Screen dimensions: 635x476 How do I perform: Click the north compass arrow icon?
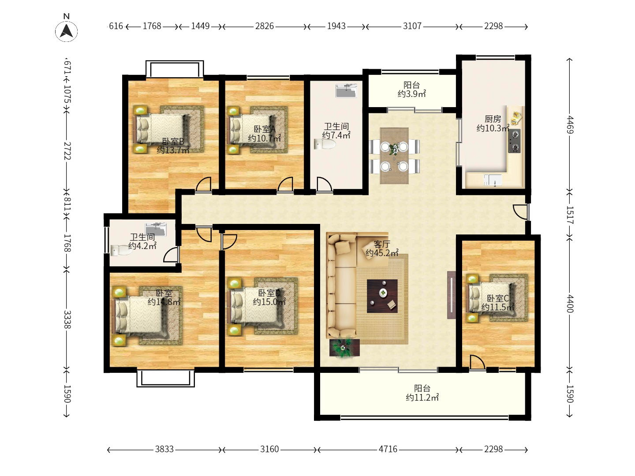(66, 31)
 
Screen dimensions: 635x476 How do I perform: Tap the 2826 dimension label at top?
(264, 26)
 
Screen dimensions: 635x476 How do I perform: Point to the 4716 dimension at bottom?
(388, 449)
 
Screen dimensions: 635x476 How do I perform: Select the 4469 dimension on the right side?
(569, 125)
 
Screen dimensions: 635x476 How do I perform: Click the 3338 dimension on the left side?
(67, 320)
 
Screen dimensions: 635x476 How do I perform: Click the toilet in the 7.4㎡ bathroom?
(325, 144)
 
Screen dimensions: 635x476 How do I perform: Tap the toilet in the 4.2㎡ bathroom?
(121, 250)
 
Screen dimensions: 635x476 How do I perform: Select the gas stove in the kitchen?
(514, 141)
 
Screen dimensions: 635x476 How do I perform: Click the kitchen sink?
(493, 180)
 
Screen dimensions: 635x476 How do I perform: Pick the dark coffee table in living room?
(382, 296)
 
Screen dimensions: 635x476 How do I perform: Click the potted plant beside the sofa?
(344, 347)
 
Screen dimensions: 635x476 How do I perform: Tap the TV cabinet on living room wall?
(451, 295)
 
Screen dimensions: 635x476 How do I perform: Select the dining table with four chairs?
(394, 156)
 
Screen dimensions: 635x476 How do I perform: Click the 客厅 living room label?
(381, 245)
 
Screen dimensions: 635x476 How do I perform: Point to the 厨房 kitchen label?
(493, 119)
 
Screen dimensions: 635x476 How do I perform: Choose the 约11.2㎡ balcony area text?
(422, 398)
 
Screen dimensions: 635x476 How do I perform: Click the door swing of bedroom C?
(477, 362)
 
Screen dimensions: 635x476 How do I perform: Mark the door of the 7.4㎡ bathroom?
(324, 184)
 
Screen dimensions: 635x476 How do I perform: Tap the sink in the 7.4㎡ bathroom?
(346, 90)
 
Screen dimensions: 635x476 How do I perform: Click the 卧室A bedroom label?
(265, 129)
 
